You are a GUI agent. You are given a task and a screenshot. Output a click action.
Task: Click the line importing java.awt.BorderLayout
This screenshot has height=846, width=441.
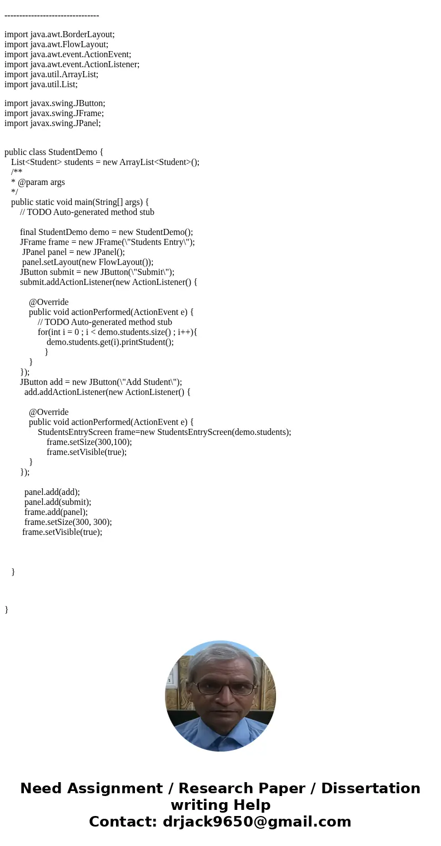(x=59, y=34)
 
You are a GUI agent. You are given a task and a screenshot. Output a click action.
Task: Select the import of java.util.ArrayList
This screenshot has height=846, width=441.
(x=51, y=74)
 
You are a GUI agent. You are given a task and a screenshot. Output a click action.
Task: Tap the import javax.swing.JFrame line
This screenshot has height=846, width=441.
(x=54, y=113)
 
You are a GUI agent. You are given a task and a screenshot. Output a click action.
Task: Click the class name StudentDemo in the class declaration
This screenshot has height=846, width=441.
(x=72, y=152)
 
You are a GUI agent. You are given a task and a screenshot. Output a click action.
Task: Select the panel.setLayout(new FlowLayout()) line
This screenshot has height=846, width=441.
(x=88, y=262)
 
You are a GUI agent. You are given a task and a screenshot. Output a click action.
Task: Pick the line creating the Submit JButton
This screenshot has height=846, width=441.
(x=97, y=272)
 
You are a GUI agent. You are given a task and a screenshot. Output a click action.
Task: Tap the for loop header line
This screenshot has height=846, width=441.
(x=118, y=332)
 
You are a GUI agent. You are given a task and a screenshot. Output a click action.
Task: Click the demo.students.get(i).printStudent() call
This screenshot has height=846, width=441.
(x=110, y=342)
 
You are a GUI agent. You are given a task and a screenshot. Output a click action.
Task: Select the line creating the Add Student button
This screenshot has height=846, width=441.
(x=101, y=382)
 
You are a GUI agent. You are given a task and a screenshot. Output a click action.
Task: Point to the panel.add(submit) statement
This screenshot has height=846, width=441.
(x=58, y=502)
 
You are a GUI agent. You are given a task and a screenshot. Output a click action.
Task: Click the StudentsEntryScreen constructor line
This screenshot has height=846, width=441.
(x=164, y=432)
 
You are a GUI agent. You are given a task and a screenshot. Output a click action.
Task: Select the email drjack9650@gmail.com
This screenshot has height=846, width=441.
(x=257, y=822)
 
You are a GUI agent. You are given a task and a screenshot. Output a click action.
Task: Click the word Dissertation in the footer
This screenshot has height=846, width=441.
(x=370, y=789)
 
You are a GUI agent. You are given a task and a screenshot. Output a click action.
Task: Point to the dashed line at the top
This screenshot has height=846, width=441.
(x=52, y=16)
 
